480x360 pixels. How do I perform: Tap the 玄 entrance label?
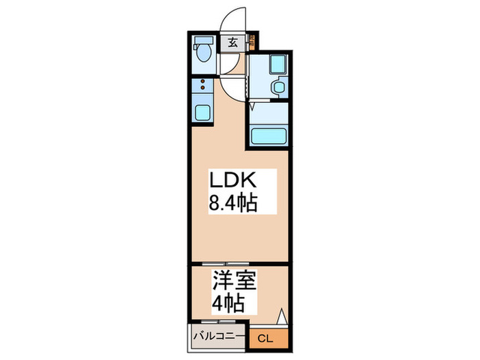pos(232,43)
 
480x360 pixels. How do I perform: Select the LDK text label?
pos(232,181)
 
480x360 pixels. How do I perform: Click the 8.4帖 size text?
pos(232,204)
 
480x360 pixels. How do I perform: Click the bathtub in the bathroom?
pos(268,136)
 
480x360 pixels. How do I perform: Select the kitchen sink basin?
pos(203,112)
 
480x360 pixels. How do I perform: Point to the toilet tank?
pos(203,40)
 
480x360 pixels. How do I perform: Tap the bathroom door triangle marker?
pos(252,107)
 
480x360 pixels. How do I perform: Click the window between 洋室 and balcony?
pos(218,322)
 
